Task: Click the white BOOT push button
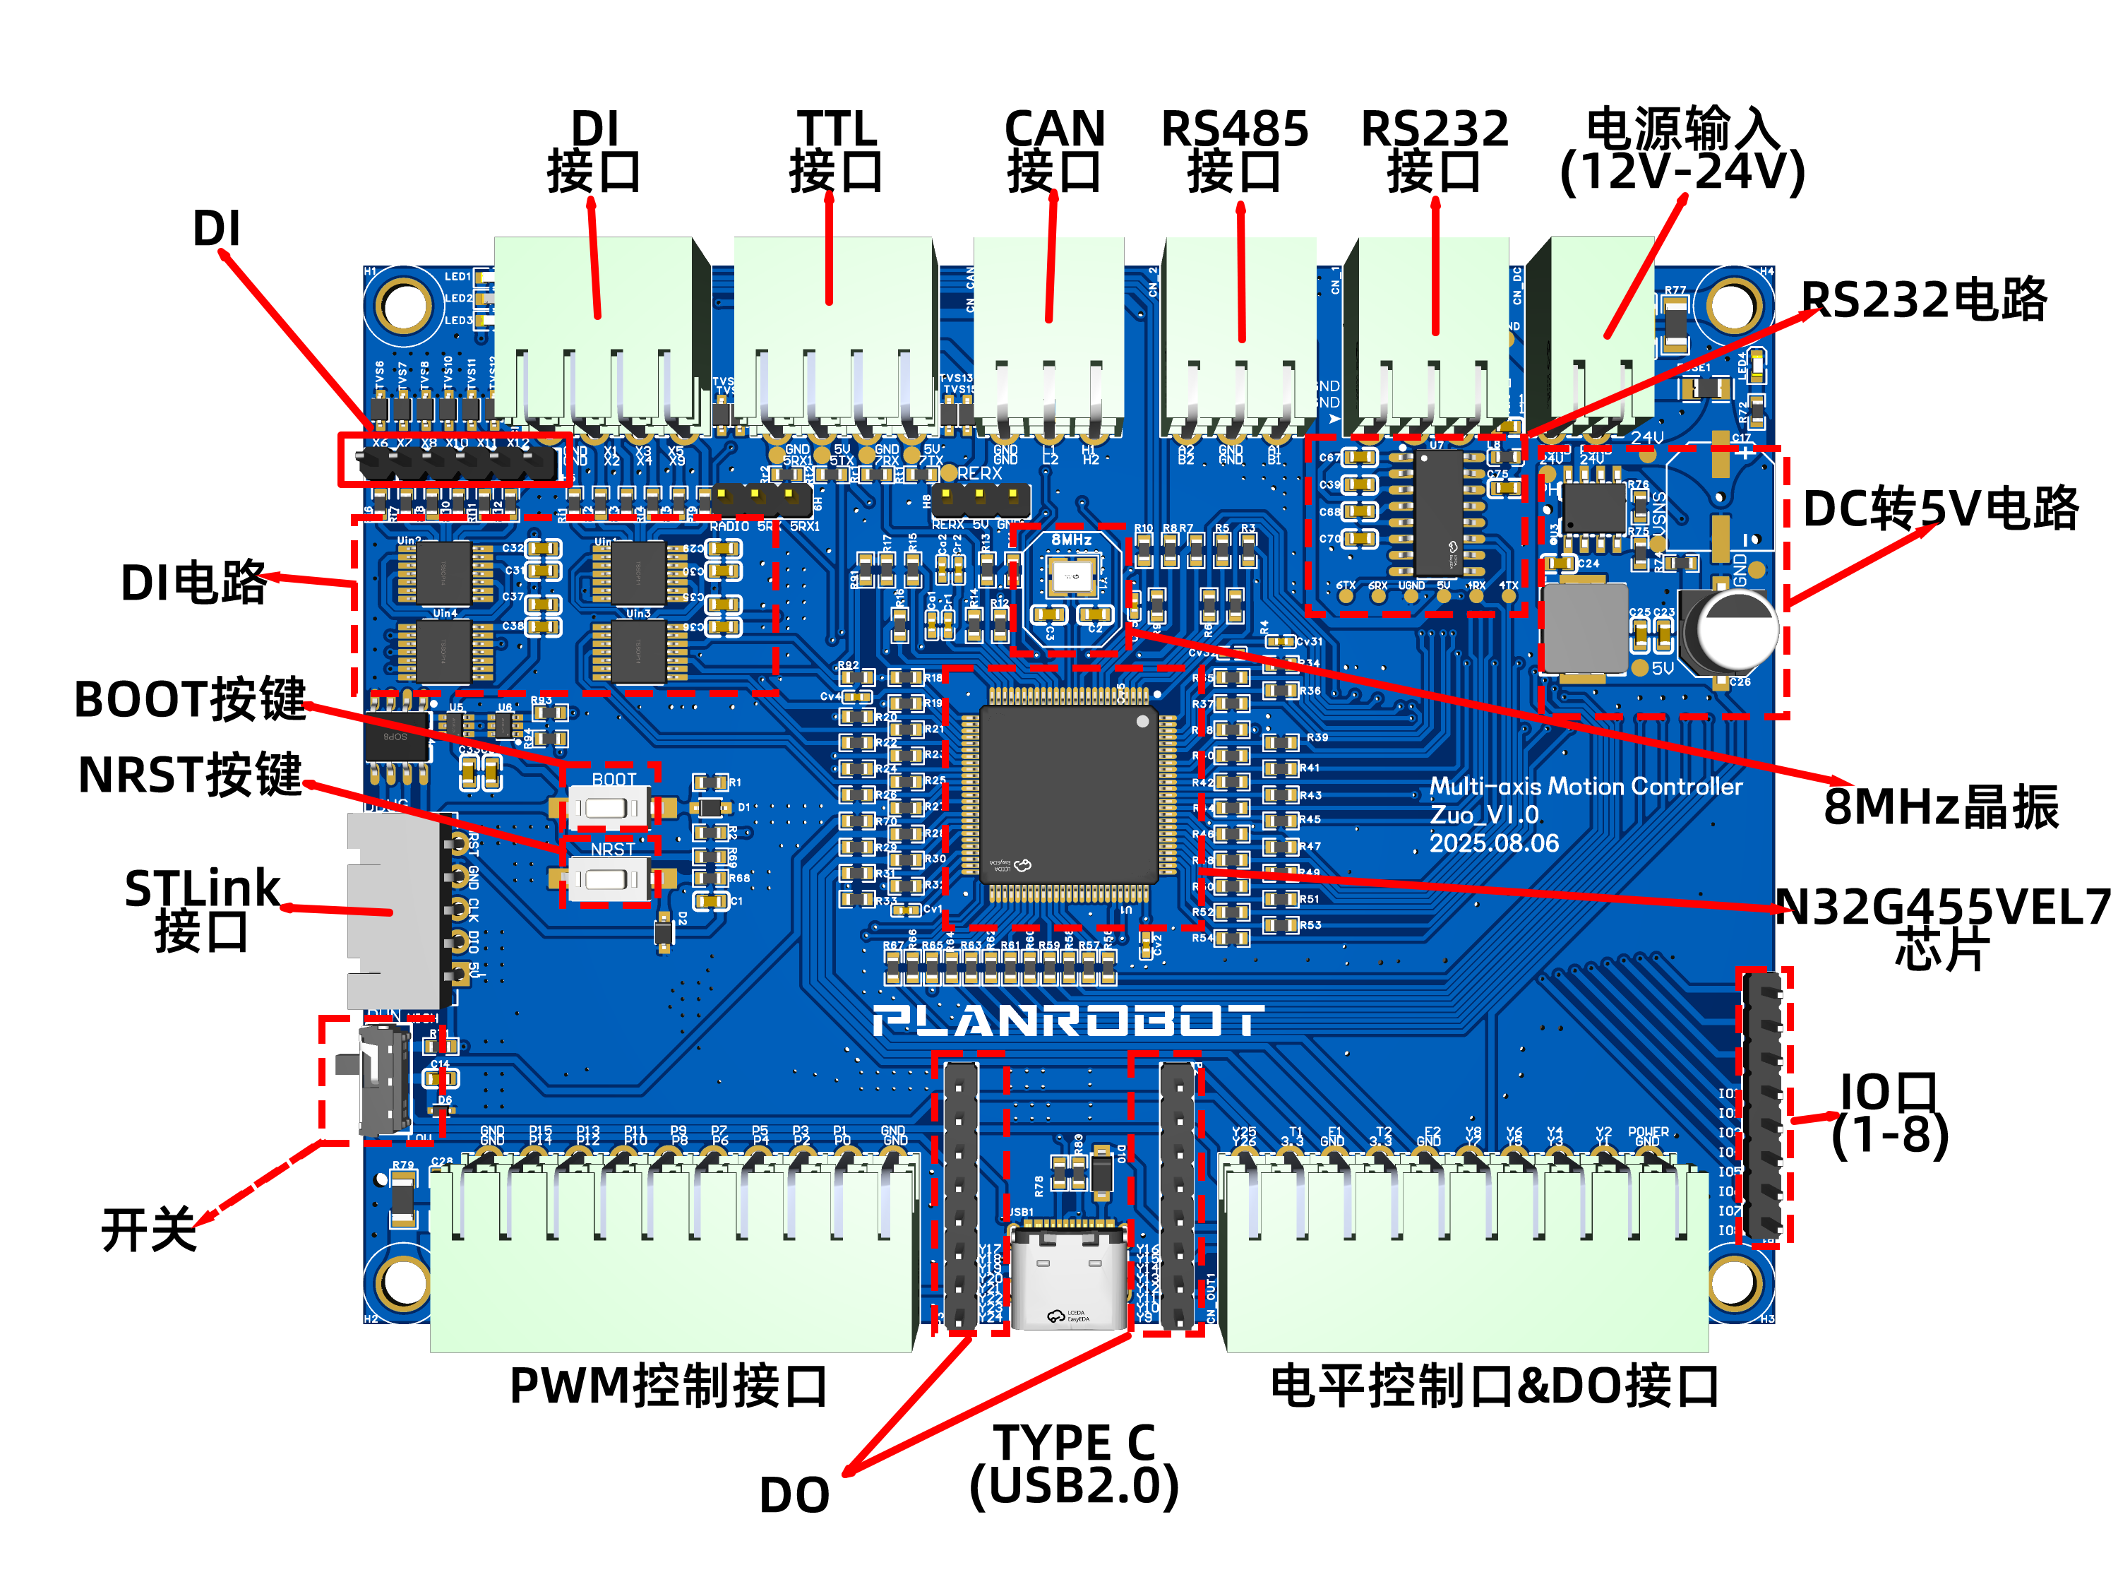coord(608,807)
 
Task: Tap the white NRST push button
coord(608,879)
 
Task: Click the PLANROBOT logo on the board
coord(1067,1021)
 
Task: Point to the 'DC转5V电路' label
coord(1940,508)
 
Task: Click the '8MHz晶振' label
coord(1940,807)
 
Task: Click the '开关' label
coord(148,1230)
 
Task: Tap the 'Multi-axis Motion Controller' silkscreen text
coord(1585,786)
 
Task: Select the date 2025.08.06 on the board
coord(1494,843)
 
